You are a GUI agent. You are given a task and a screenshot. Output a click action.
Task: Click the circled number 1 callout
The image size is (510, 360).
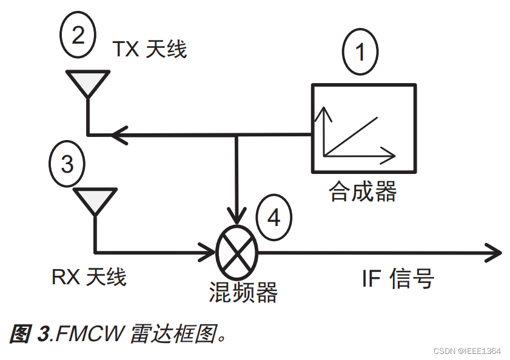pyautogui.click(x=360, y=52)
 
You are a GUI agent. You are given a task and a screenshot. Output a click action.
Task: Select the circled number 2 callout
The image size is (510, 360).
pyautogui.click(x=78, y=36)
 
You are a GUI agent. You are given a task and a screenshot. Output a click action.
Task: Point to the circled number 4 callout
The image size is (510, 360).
pyautogui.click(x=273, y=217)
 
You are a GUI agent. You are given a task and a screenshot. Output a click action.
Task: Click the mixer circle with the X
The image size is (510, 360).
pyautogui.click(x=237, y=250)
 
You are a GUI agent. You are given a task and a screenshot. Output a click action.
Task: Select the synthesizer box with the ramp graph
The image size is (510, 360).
pyautogui.click(x=363, y=128)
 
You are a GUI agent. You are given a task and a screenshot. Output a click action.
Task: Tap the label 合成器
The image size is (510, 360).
pyautogui.click(x=363, y=192)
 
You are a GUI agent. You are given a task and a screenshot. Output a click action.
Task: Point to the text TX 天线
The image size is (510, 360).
pyautogui.click(x=150, y=49)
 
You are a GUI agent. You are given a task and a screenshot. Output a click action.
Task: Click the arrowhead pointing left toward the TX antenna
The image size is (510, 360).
pyautogui.click(x=118, y=134)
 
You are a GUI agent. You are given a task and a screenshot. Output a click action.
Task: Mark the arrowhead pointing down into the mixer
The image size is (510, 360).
pyautogui.click(x=237, y=216)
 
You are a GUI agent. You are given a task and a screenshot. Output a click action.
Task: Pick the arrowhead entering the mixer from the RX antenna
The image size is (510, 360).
pyautogui.click(x=206, y=250)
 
